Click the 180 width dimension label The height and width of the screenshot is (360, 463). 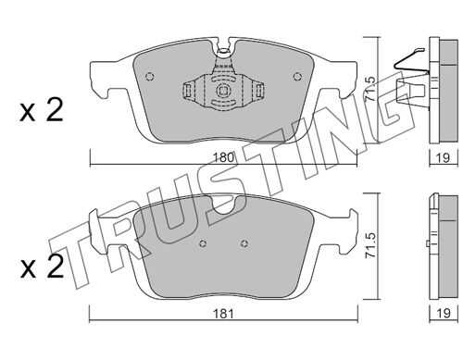pyautogui.click(x=223, y=157)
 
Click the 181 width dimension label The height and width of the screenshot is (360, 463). pyautogui.click(x=223, y=314)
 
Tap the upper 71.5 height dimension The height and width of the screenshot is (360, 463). pyautogui.click(x=370, y=88)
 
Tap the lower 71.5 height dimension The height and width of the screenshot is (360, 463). pyautogui.click(x=370, y=245)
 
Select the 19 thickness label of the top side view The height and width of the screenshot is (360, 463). pyautogui.click(x=444, y=157)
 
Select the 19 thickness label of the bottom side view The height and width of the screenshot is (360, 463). pyautogui.click(x=444, y=314)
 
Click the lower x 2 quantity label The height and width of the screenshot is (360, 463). pyautogui.click(x=42, y=267)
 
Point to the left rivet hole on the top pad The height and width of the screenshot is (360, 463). pyautogui.click(x=150, y=77)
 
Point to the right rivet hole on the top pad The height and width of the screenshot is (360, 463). pyautogui.click(x=297, y=76)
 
